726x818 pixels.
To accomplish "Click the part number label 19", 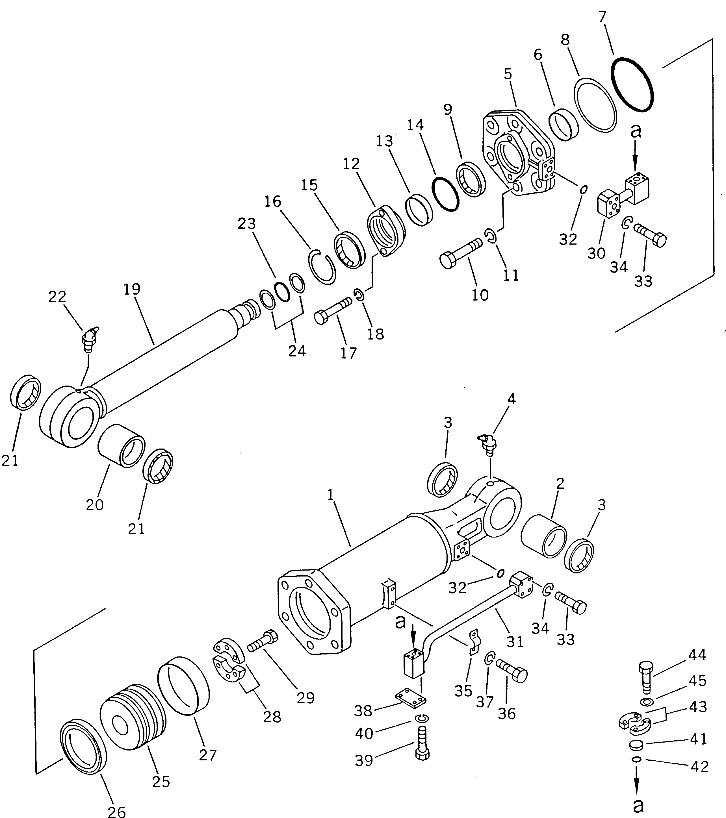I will click(x=132, y=289).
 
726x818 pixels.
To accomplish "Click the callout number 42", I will click(x=699, y=767).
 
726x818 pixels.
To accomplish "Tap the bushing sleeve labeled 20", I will click(x=121, y=446).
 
